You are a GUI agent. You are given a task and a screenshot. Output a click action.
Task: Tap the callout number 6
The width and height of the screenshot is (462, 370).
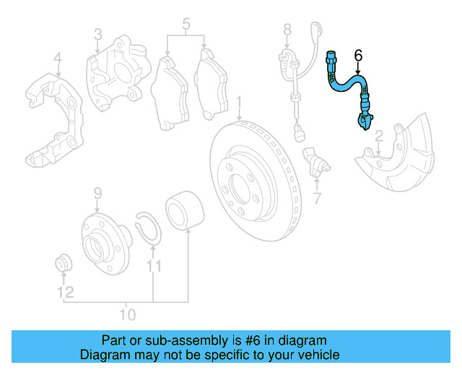(358, 55)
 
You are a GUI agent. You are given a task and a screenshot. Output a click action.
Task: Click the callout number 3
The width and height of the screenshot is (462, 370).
(97, 34)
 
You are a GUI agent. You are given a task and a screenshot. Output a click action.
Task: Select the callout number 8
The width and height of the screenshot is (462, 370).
(287, 30)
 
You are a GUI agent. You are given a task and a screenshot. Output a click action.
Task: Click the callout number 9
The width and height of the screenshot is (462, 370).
(97, 193)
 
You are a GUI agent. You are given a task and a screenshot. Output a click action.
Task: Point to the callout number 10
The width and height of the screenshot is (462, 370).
(127, 315)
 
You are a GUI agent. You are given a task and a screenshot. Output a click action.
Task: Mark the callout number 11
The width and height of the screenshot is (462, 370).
(152, 268)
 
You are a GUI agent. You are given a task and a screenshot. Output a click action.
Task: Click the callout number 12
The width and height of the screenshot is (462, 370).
(66, 293)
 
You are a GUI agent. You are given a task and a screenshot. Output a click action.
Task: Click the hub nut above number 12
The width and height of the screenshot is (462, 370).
(64, 264)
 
